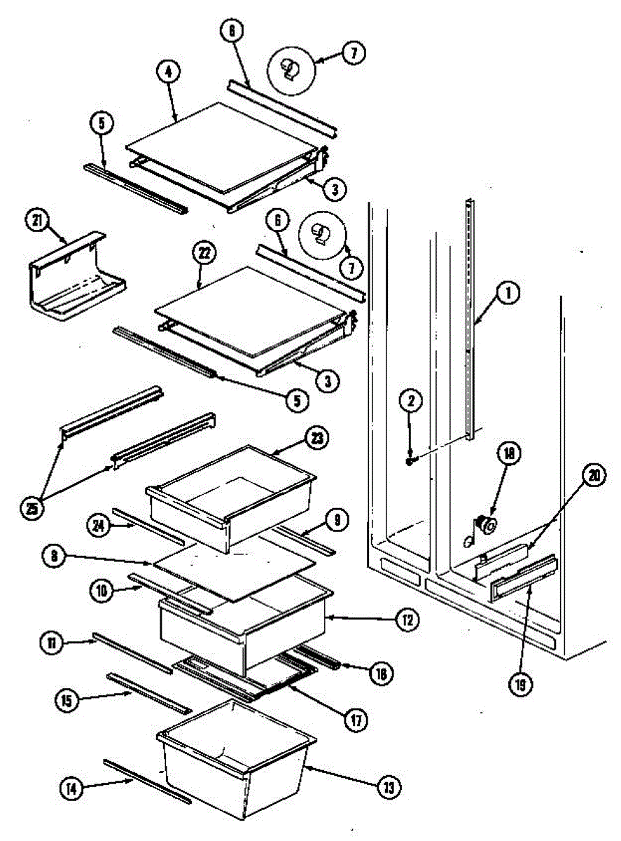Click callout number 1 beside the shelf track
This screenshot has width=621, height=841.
pyautogui.click(x=510, y=294)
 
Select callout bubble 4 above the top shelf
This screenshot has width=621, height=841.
pyautogui.click(x=169, y=71)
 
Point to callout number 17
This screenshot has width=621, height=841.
pyautogui.click(x=356, y=720)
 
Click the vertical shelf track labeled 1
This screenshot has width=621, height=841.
pyautogui.click(x=468, y=315)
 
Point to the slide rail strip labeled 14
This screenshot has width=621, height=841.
pyautogui.click(x=147, y=780)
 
